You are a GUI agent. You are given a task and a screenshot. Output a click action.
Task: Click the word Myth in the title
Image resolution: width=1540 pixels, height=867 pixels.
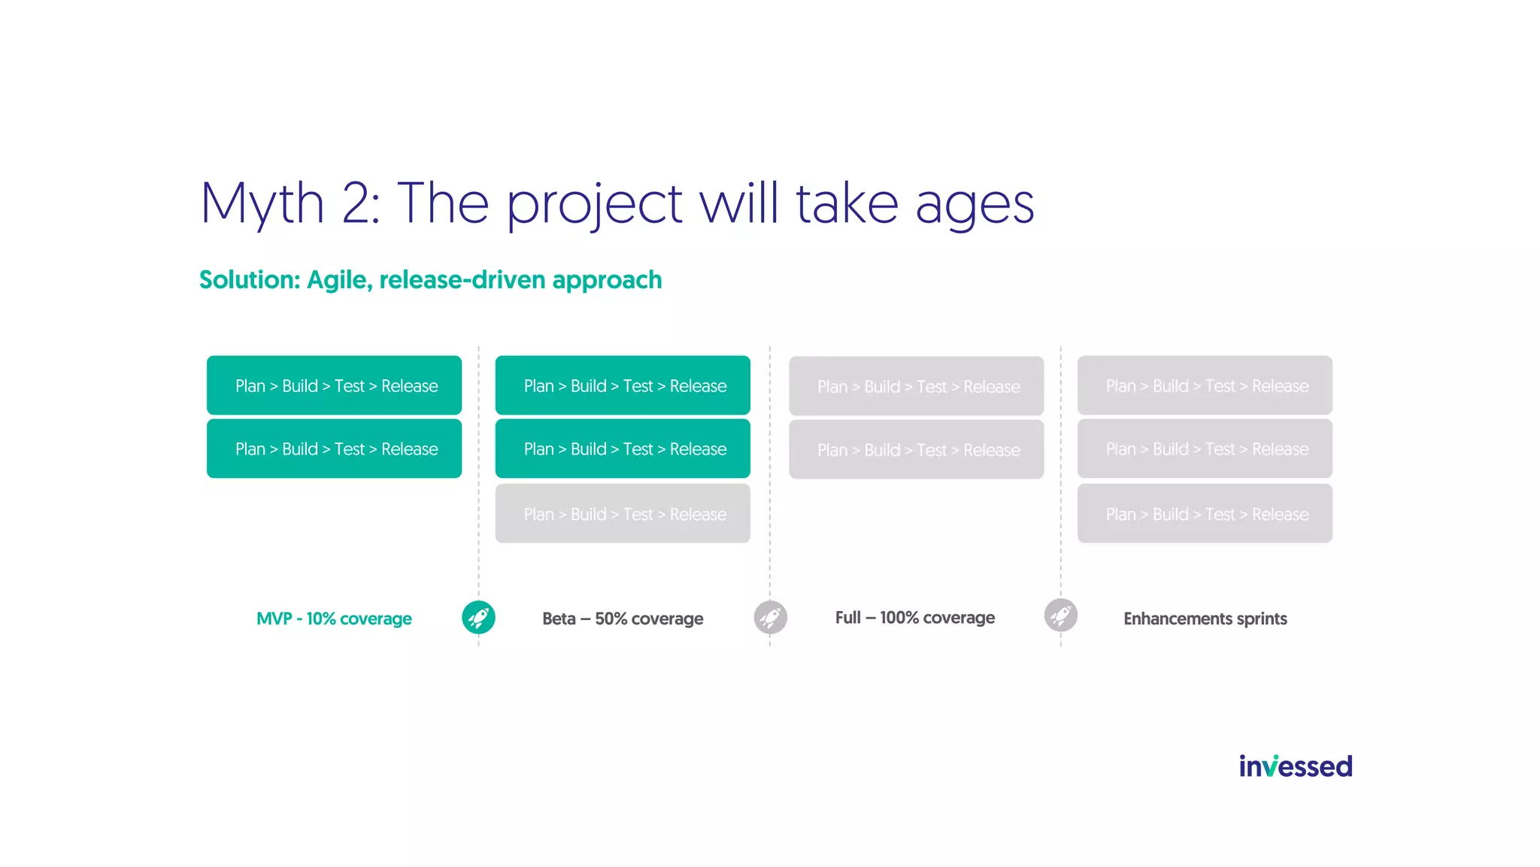[262, 203]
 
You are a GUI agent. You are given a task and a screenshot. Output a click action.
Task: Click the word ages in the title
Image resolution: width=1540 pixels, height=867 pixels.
[975, 205]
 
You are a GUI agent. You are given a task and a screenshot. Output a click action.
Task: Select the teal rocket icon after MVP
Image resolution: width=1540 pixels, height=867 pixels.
[478, 617]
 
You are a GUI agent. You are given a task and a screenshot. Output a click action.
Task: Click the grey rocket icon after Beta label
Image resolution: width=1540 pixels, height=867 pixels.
[770, 617]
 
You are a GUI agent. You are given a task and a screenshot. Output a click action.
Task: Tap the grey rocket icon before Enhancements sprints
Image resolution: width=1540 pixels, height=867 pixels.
[1060, 616]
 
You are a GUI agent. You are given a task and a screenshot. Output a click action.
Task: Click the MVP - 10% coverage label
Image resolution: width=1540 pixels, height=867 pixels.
[334, 619]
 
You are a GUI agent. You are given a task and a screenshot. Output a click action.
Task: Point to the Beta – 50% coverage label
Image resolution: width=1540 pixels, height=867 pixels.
[623, 619]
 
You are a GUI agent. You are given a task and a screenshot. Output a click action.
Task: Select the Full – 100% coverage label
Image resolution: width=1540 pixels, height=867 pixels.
[914, 618]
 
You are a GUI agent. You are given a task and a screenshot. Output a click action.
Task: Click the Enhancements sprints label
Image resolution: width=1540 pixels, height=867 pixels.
[1205, 619]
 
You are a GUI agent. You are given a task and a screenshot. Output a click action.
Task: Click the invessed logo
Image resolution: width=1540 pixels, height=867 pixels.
[1295, 766]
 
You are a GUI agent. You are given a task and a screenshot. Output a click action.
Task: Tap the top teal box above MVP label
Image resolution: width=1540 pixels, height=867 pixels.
[334, 385]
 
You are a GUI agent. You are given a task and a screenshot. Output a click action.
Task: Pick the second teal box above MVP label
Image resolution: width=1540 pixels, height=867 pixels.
[334, 449]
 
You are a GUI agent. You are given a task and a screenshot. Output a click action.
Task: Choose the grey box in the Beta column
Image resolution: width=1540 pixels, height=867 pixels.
[623, 514]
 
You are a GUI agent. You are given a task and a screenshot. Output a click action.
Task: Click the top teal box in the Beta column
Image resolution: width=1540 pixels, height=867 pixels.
[623, 385]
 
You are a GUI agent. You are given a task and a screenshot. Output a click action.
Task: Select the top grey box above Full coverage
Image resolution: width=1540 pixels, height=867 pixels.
[916, 386]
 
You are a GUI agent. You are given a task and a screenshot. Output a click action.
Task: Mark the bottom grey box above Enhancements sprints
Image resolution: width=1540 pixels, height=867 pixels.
[1205, 514]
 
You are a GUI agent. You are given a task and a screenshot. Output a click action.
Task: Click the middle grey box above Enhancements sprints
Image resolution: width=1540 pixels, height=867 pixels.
[1205, 449]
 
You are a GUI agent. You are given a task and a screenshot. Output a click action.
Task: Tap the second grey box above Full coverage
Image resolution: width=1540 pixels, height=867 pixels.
[916, 449]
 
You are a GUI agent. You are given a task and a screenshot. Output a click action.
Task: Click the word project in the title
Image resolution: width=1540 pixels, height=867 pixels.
[594, 205]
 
